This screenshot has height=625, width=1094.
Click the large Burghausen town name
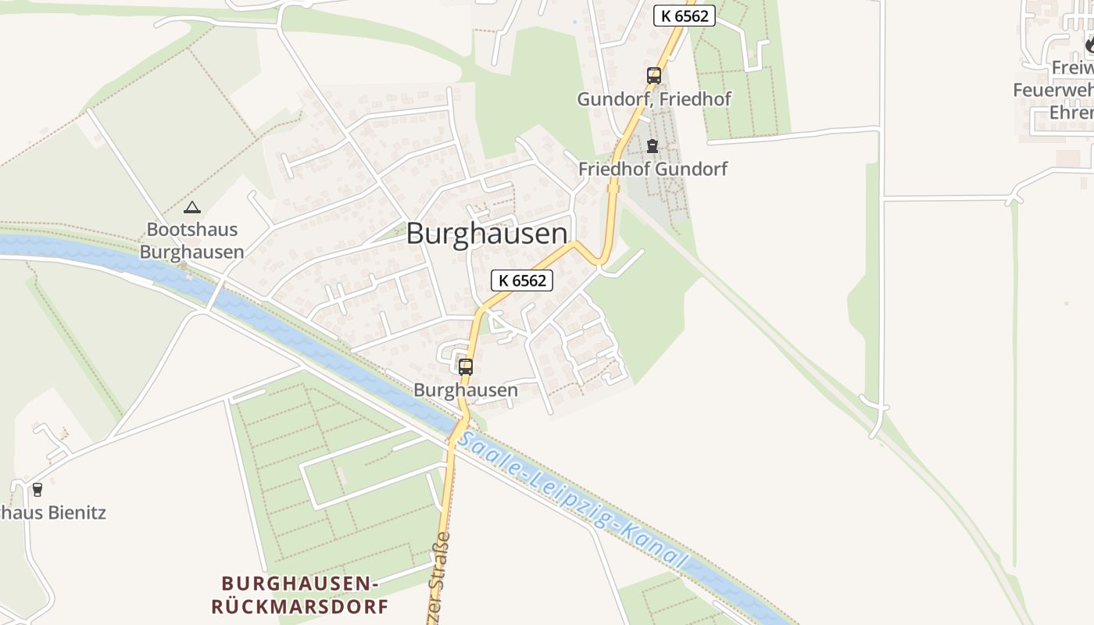pos(487,234)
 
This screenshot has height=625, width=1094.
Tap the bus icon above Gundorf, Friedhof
pos(654,76)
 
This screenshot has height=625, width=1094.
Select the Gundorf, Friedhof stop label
pos(654,100)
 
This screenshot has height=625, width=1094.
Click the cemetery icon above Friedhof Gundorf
pos(652,146)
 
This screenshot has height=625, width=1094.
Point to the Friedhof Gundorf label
pos(652,169)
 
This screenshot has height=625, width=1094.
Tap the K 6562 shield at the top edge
pos(685,15)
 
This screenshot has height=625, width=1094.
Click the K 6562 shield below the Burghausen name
pos(522,280)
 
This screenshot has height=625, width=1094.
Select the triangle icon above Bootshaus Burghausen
pos(191,208)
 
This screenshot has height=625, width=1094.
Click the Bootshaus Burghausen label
pos(191,241)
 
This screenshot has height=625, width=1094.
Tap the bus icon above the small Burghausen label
pos(466,366)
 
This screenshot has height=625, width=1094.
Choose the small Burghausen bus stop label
pos(466,390)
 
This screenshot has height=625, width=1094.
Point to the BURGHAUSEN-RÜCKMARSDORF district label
pos(300,595)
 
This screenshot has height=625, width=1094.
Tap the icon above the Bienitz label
pos(37,490)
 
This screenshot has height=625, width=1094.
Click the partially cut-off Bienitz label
pos(53,513)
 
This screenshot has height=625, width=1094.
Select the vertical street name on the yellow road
pos(438,578)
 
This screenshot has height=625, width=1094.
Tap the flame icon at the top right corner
pos(1089,45)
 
